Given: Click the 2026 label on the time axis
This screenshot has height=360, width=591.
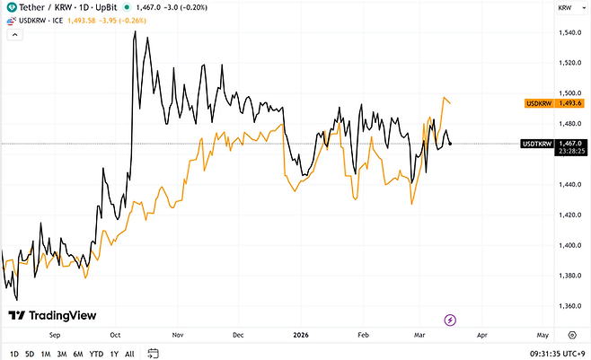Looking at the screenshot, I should point(301,333).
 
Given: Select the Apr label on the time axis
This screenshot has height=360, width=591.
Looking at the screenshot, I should point(481,333).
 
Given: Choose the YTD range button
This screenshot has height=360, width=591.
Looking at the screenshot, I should point(95,353).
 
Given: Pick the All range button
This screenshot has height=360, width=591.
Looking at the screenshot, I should point(129,353).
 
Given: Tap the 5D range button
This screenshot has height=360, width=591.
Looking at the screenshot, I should point(30,353).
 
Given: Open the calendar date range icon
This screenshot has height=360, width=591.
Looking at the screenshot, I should point(154,353).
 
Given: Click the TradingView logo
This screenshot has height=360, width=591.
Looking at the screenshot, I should point(45,315).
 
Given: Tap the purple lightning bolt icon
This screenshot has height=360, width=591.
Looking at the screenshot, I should point(450,320).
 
